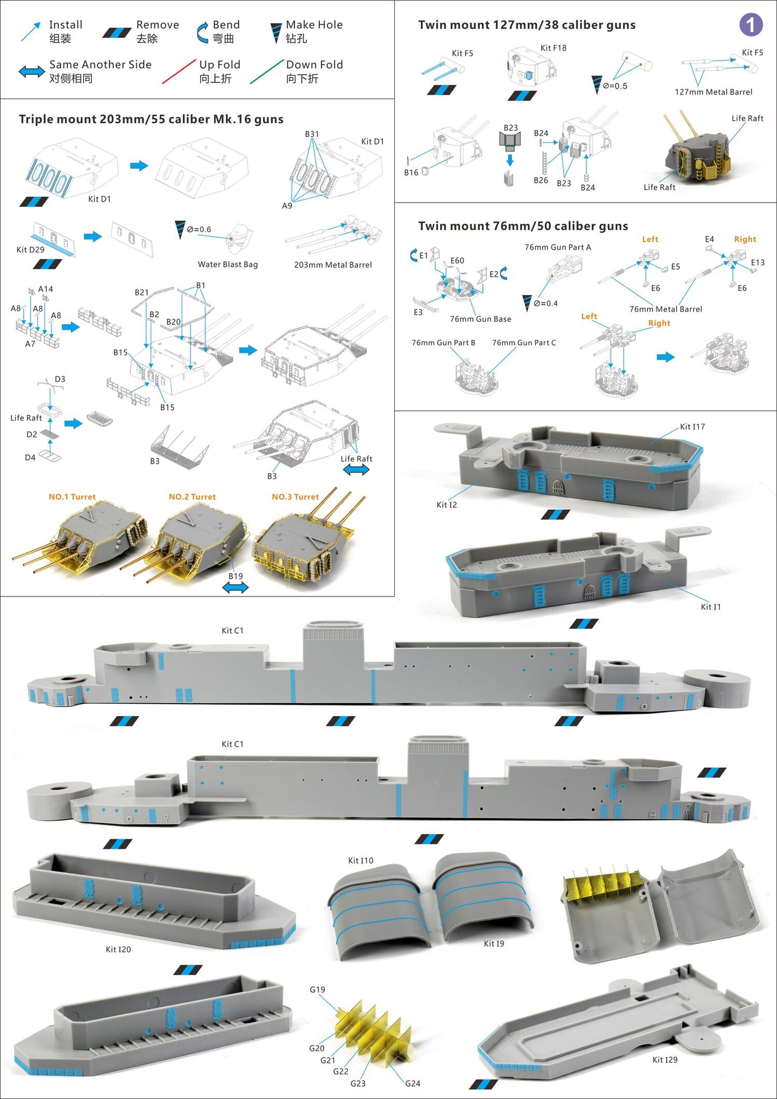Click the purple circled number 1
pyautogui.click(x=751, y=25)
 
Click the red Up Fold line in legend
pyautogui.click(x=179, y=72)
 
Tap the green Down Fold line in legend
pyautogui.click(x=267, y=72)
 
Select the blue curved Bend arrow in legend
pyautogui.click(x=202, y=32)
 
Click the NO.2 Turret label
pyautogui.click(x=192, y=497)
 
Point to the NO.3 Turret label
pyautogui.click(x=295, y=497)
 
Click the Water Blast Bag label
pyautogui.click(x=227, y=265)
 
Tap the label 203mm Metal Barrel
pyautogui.click(x=333, y=265)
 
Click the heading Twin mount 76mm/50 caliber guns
pyautogui.click(x=523, y=226)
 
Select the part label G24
pyautogui.click(x=412, y=1083)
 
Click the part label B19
pyautogui.click(x=236, y=576)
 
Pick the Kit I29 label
pyautogui.click(x=665, y=1060)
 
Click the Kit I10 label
pyautogui.click(x=360, y=861)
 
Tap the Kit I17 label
pyautogui.click(x=692, y=427)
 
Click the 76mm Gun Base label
pyautogui.click(x=480, y=319)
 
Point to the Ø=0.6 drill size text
pyautogui.click(x=198, y=230)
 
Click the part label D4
pyautogui.click(x=30, y=458)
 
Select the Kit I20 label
pyautogui.click(x=118, y=949)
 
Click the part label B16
pyautogui.click(x=411, y=173)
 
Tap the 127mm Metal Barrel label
pyautogui.click(x=713, y=92)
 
